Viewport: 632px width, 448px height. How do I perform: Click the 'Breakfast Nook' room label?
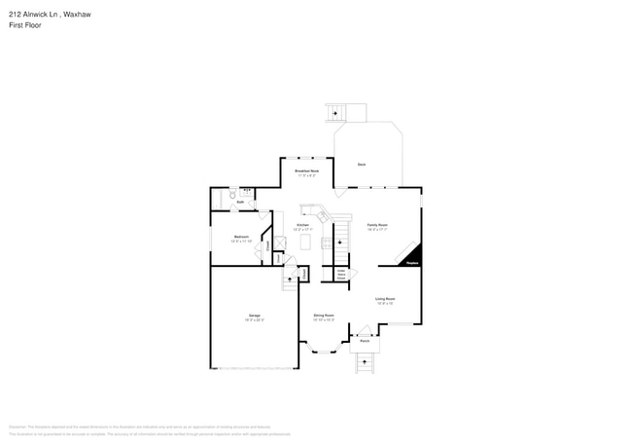tap(307, 171)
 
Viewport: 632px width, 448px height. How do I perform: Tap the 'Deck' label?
tap(361, 165)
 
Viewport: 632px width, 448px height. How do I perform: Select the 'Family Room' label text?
tap(377, 226)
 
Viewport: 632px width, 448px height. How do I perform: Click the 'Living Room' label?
tap(385, 300)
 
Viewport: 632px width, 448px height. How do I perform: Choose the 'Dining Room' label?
tap(324, 316)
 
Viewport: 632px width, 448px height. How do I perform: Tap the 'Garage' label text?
tap(254, 317)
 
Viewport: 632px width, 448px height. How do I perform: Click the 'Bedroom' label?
tap(241, 237)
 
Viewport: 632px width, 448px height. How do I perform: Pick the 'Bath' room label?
tap(239, 203)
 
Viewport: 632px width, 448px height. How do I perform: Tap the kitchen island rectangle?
tap(303, 240)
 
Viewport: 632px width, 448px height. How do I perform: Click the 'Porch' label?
tap(365, 342)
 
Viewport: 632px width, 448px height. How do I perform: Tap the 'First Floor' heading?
tap(24, 25)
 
